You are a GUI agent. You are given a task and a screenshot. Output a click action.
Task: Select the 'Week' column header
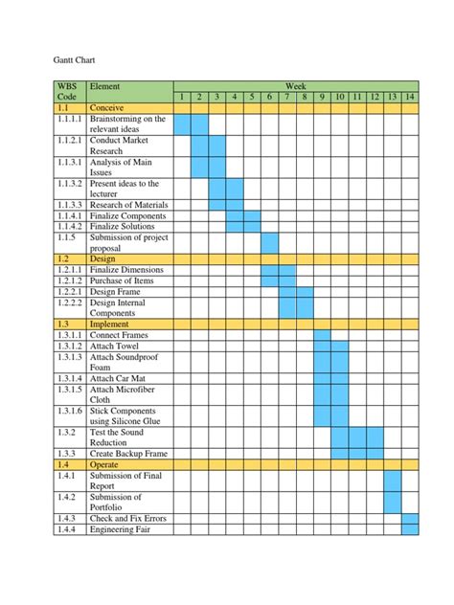pos(295,86)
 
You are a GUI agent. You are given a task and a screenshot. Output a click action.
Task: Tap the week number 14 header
pos(410,97)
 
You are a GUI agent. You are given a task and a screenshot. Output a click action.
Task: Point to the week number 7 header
pos(286,97)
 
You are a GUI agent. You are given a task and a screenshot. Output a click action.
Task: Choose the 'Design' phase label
pos(102,258)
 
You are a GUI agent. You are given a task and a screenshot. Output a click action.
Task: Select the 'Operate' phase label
pos(104,463)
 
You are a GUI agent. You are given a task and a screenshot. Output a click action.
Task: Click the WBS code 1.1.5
pos(67,236)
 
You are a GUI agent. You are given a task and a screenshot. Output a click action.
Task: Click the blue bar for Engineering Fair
pos(410,529)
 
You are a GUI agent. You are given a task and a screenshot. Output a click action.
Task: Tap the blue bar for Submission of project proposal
pos(269,242)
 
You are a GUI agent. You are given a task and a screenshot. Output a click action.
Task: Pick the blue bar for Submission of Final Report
pos(393,480)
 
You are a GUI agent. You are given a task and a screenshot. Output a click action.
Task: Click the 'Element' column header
pos(105,86)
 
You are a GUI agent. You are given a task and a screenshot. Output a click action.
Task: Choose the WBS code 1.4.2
pos(65,497)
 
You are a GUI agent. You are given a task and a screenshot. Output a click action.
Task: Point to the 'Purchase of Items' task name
pos(123,280)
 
